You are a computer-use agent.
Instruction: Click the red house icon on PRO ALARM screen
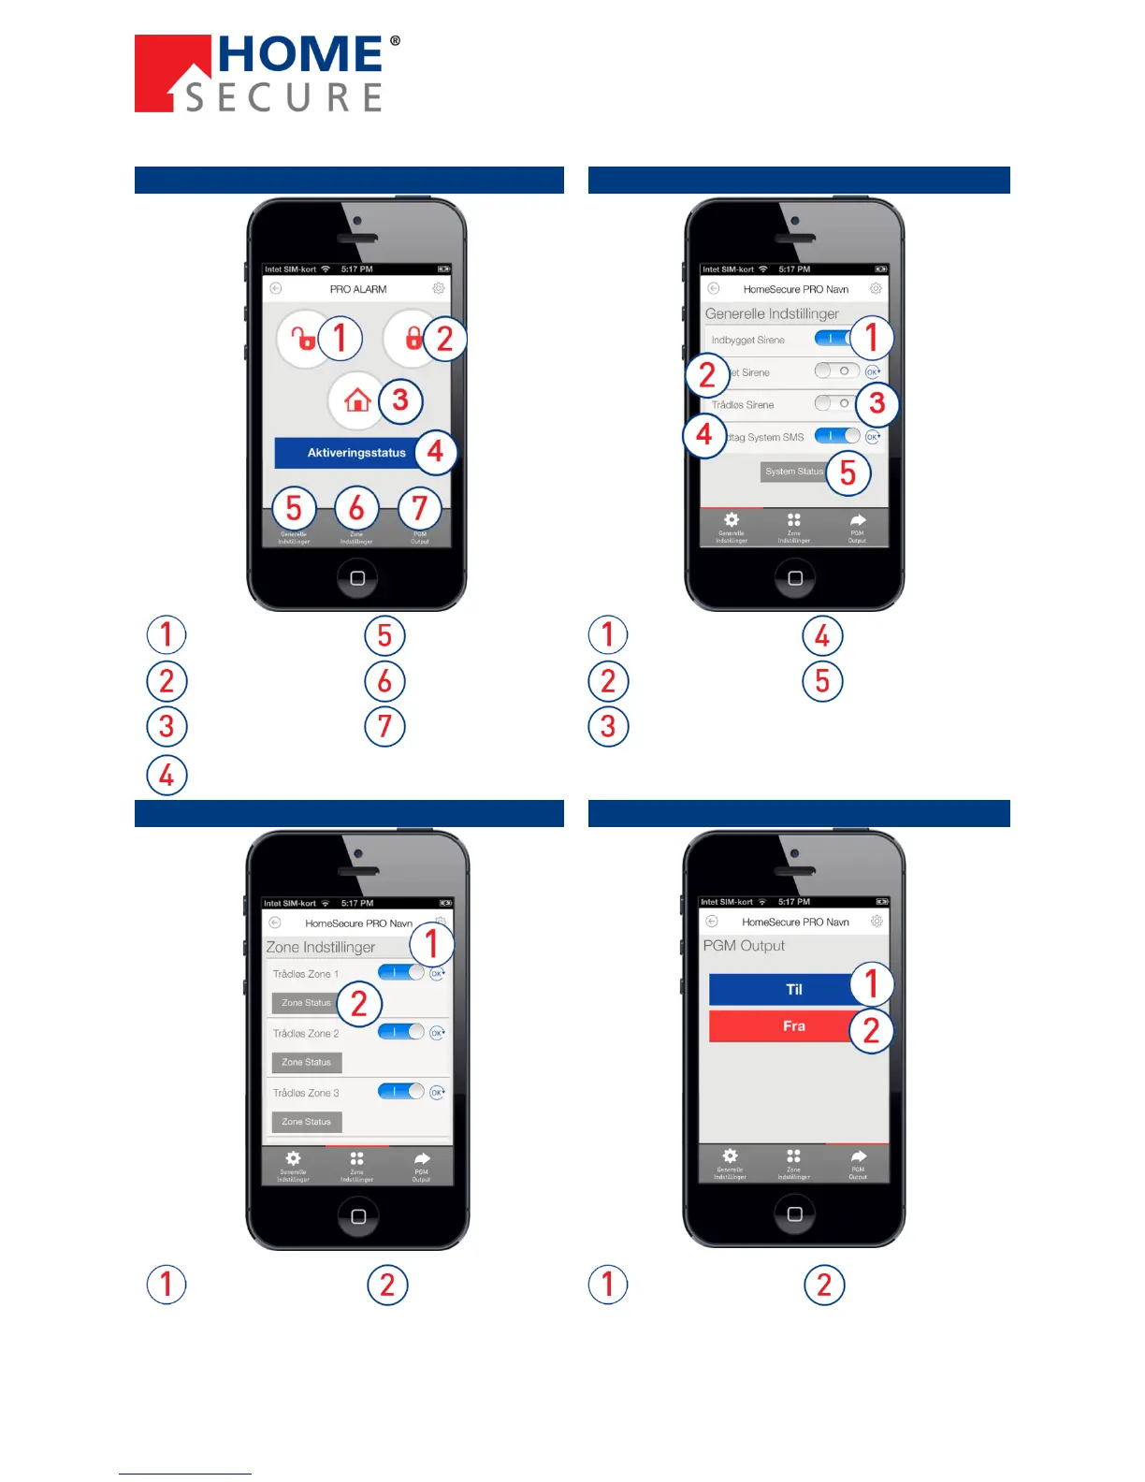click(x=356, y=400)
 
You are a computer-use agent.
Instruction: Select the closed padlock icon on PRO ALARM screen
click(x=412, y=338)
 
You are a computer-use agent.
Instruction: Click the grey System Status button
click(x=793, y=472)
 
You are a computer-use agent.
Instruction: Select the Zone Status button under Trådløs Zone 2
click(x=307, y=1063)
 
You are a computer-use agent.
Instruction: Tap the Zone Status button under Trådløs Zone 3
click(x=307, y=1122)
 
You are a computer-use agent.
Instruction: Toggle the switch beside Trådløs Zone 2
click(x=401, y=1032)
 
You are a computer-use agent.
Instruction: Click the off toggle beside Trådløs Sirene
click(x=834, y=403)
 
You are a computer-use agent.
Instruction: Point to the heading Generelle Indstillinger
click(x=772, y=314)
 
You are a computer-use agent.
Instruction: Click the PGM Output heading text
click(x=744, y=946)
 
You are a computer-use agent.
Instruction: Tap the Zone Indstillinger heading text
click(x=320, y=948)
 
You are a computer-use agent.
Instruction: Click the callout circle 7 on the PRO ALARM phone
click(x=419, y=508)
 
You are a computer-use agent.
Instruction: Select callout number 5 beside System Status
click(x=848, y=472)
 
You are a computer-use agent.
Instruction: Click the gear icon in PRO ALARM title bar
click(x=438, y=288)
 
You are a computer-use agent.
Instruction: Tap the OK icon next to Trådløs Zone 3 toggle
click(x=437, y=1092)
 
